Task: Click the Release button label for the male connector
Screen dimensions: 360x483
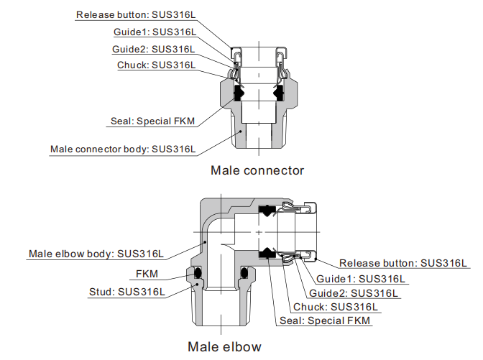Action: (135, 14)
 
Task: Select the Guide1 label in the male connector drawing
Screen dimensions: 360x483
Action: (154, 32)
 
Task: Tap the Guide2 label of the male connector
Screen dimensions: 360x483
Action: (154, 49)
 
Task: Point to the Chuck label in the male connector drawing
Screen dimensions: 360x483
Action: (156, 65)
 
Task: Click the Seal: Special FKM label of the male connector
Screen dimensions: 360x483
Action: (152, 121)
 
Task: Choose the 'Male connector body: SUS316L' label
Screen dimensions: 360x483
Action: (122, 149)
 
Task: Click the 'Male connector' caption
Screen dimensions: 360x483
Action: (257, 171)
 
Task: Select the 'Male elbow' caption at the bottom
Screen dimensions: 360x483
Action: (224, 346)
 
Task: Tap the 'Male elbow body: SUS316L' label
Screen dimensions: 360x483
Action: (96, 254)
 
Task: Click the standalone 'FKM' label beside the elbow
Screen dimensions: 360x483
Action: (149, 274)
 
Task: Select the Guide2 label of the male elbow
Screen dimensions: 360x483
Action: (354, 292)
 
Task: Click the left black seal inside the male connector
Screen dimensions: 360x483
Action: (237, 93)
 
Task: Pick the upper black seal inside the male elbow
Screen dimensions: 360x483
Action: (267, 211)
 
